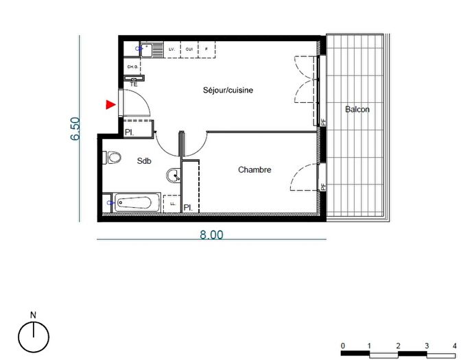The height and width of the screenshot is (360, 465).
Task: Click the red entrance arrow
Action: click(x=110, y=104)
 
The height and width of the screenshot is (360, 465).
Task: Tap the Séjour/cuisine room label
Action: click(x=223, y=90)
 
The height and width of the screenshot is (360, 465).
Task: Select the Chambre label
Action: click(x=255, y=169)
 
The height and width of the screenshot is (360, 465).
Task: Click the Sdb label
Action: click(x=144, y=161)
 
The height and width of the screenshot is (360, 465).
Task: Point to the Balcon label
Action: click(x=357, y=109)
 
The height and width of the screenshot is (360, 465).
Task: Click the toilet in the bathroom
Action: click(x=112, y=158)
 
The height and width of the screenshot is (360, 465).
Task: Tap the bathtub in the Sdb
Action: click(x=137, y=202)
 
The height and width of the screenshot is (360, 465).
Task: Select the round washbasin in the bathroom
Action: click(x=174, y=176)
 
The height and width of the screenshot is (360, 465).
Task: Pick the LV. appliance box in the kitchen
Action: click(x=171, y=49)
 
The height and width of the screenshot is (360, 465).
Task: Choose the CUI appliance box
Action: click(x=189, y=49)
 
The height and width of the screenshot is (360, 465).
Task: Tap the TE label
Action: click(x=134, y=83)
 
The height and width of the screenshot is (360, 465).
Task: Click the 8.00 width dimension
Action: click(x=211, y=234)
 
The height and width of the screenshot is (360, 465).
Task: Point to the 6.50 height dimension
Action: click(x=76, y=129)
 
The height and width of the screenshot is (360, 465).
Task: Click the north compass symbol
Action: click(x=33, y=335)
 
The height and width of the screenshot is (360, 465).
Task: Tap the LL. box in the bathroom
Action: click(x=172, y=204)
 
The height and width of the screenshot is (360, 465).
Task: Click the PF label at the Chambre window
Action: click(x=323, y=184)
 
